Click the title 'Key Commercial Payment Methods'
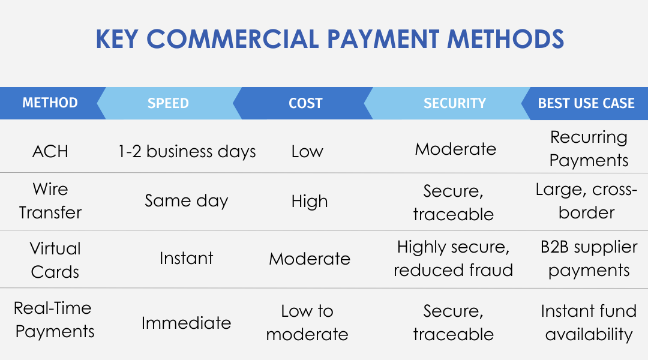(x=329, y=40)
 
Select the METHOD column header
(x=50, y=103)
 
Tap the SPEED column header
(x=168, y=103)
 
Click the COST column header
(x=305, y=103)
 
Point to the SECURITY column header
(x=454, y=103)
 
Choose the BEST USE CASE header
(x=586, y=103)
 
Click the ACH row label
(x=50, y=151)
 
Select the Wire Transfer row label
(x=50, y=201)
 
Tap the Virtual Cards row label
(x=55, y=260)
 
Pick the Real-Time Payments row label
(x=55, y=320)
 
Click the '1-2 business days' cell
(x=187, y=151)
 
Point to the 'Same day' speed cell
(x=187, y=200)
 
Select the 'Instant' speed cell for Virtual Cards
(x=187, y=259)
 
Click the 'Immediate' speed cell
(x=187, y=323)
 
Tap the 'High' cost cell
(x=310, y=201)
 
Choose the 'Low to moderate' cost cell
(x=307, y=322)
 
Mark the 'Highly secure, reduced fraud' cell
(x=454, y=259)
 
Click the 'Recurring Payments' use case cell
(x=589, y=149)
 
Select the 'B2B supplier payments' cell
(x=589, y=259)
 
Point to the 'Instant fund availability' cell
(x=589, y=322)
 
